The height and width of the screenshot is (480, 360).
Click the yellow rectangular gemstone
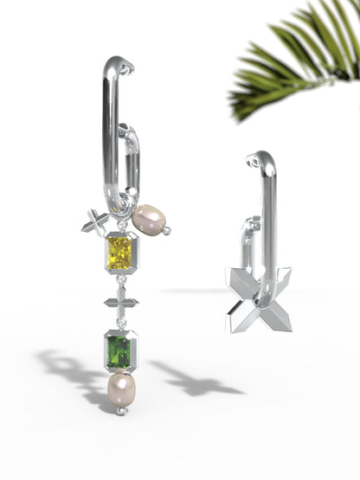click(119, 253)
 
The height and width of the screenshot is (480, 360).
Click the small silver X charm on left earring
click(94, 222)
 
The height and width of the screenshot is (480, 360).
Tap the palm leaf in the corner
click(294, 61)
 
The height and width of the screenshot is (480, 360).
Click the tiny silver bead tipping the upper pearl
click(167, 230)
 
